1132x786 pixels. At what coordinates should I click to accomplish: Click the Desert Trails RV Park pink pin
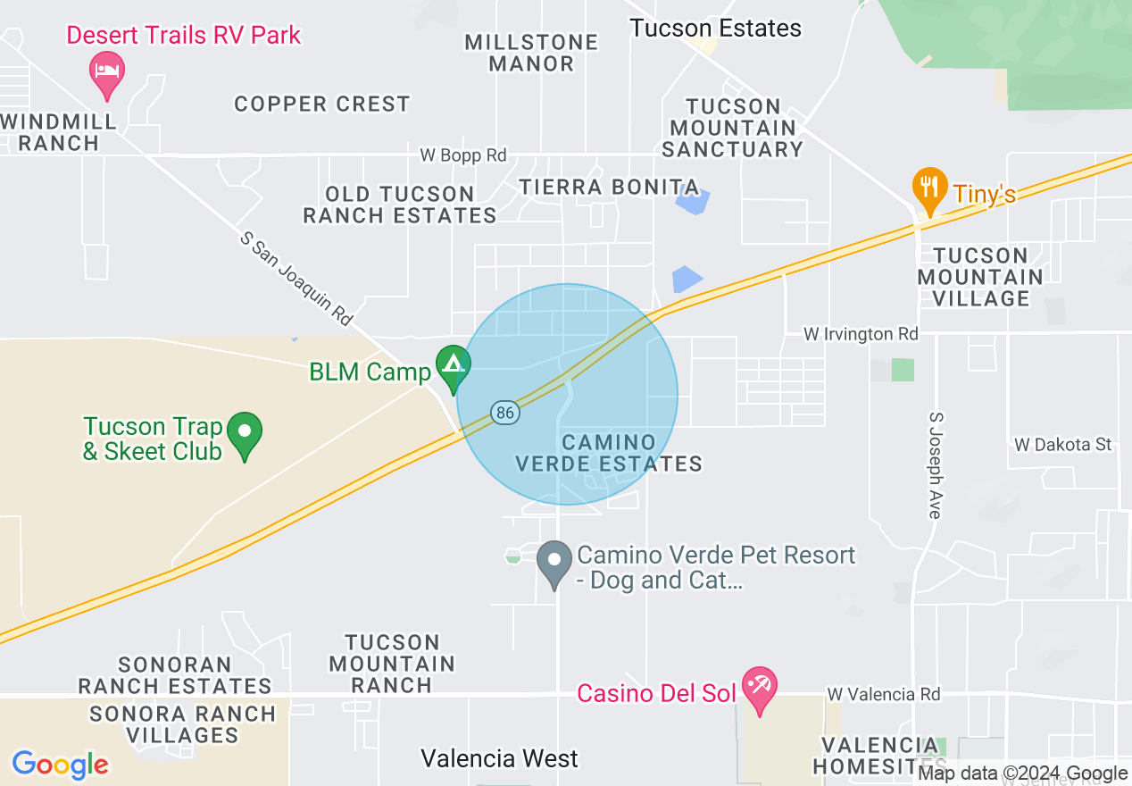[x=107, y=70]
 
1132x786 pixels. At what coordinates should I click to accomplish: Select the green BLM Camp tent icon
[x=454, y=365]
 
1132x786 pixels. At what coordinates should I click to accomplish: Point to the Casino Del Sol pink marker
[x=760, y=688]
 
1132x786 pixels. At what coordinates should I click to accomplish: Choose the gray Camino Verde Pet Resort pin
[x=554, y=562]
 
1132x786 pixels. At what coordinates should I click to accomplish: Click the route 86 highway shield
[x=504, y=413]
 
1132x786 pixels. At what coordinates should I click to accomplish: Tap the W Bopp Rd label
[x=463, y=155]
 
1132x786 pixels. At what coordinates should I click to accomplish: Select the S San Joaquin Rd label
[x=297, y=279]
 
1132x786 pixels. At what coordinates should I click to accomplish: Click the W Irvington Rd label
[x=861, y=334]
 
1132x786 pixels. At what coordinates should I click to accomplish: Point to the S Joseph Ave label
[x=936, y=465]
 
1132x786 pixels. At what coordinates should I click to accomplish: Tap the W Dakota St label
[x=1063, y=444]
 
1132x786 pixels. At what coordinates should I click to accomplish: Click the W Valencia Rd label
[x=884, y=694]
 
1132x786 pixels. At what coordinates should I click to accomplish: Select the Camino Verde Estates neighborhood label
[x=609, y=453]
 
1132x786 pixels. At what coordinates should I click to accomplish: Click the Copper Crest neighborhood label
[x=322, y=104]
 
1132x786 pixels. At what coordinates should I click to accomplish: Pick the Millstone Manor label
[x=532, y=53]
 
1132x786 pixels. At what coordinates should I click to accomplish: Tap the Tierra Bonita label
[x=609, y=188]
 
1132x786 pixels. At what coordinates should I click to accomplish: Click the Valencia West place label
[x=499, y=759]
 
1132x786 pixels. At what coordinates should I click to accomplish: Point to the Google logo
[x=60, y=765]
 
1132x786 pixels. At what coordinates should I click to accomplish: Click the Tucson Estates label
[x=716, y=29]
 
